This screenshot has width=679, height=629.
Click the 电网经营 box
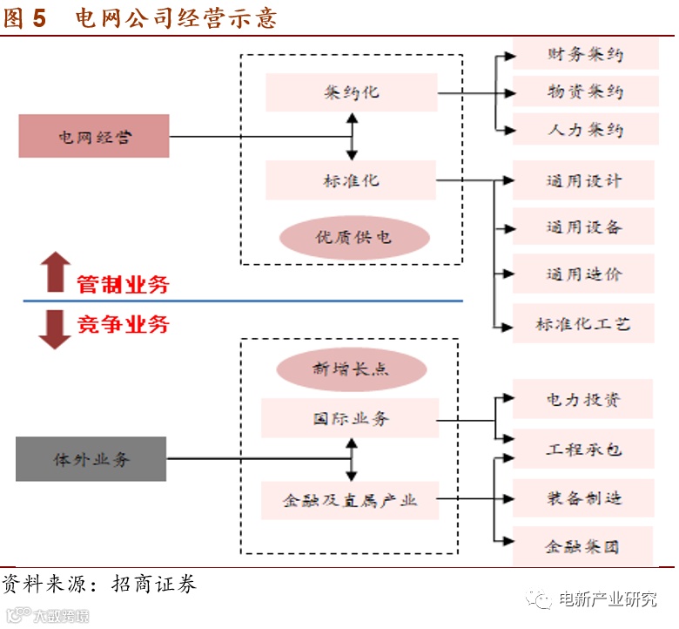pos(94,137)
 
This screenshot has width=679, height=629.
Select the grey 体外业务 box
pos(91,459)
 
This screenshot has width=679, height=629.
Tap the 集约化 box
pos(351,92)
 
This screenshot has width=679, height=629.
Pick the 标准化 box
pos(351,181)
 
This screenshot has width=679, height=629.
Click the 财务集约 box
pos(584,54)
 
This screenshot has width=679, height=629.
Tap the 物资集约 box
pos(584,91)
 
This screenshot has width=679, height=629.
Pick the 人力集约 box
pos(584,130)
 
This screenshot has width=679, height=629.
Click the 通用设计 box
pos(583,181)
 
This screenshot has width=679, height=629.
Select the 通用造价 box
pos(583,274)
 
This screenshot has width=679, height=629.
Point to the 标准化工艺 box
pos(583,324)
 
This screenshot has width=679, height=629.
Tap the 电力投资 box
pos(583,401)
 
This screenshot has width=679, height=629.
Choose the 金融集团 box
pos(583,547)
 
